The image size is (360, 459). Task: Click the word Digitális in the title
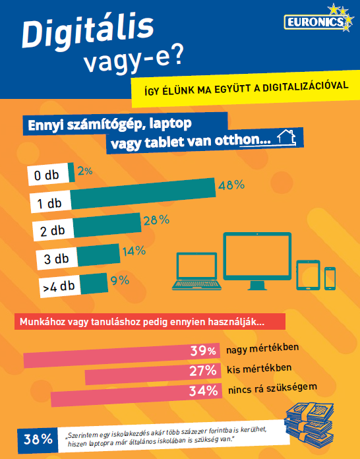point(88,32)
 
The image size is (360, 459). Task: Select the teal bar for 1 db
point(142,188)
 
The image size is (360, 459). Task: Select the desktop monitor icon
point(256,262)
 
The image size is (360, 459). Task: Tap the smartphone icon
point(329,277)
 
